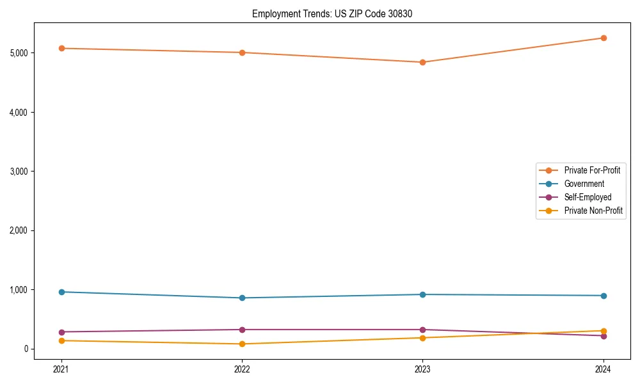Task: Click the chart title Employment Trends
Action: pyautogui.click(x=328, y=13)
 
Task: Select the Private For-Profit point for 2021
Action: pyautogui.click(x=61, y=48)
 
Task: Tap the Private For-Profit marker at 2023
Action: pyautogui.click(x=422, y=62)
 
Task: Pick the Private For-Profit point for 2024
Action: pyautogui.click(x=603, y=38)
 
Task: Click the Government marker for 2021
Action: pyautogui.click(x=61, y=292)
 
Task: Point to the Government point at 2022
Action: pyautogui.click(x=242, y=298)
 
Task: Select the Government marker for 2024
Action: pyautogui.click(x=603, y=296)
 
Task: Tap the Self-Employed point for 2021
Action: pyautogui.click(x=61, y=332)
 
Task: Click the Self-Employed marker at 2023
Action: pyautogui.click(x=422, y=330)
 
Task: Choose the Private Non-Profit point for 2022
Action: pyautogui.click(x=242, y=344)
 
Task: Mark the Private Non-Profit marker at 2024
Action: pyautogui.click(x=603, y=331)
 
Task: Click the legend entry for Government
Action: pyautogui.click(x=584, y=184)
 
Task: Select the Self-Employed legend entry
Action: pyautogui.click(x=588, y=197)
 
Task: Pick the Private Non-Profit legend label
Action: pyautogui.click(x=593, y=211)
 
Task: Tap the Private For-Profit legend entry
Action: pyautogui.click(x=592, y=170)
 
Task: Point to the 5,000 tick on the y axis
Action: pyautogui.click(x=19, y=52)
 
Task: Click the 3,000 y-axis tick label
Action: pyautogui.click(x=19, y=171)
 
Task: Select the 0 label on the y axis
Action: pyautogui.click(x=26, y=349)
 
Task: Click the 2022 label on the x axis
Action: pyautogui.click(x=242, y=369)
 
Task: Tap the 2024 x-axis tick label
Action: pyautogui.click(x=603, y=369)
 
